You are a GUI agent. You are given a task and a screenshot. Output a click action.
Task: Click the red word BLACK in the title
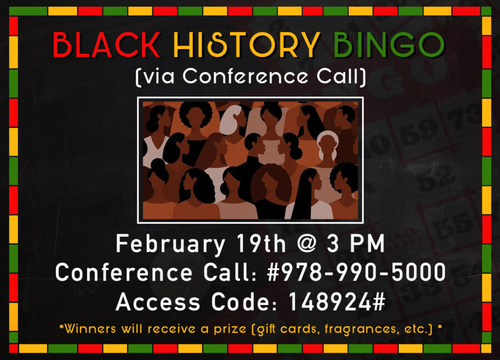coord(106,46)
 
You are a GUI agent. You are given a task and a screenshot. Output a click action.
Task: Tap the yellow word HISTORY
coord(247,46)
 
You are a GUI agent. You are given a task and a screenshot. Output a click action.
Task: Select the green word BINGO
coord(389,46)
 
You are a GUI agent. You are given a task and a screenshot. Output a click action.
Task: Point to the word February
coord(170,244)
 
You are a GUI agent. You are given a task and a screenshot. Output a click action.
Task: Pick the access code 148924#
coord(337,302)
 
